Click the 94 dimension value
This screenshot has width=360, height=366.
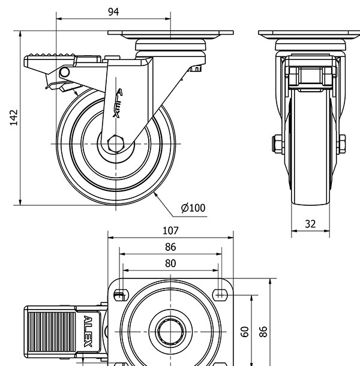coord(113,12)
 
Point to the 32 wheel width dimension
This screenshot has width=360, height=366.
coord(310,224)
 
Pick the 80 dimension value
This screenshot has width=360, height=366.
coord(170,263)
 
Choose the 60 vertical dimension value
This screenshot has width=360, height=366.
coord(244,332)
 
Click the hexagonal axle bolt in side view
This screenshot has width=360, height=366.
coord(116,145)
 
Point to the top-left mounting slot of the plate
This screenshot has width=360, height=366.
coord(119,295)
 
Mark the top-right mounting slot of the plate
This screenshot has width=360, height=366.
coord(221,293)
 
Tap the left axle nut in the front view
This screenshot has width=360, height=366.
coord(275,144)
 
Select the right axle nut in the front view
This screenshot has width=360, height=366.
coord(341,144)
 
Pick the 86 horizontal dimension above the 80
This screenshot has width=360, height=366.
coord(170,247)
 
